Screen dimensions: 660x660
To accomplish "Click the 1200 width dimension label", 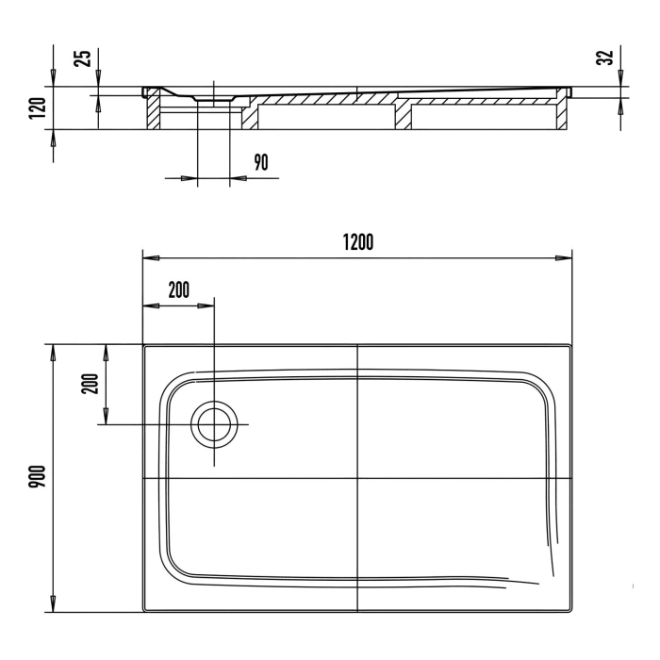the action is [x=357, y=242].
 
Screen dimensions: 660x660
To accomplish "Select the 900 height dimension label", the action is [x=37, y=476].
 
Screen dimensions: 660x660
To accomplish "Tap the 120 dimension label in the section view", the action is [x=37, y=108].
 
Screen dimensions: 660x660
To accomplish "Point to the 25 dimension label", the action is [x=83, y=58].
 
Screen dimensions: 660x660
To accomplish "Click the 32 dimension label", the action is [x=604, y=58].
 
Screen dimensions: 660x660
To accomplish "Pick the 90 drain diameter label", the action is [x=261, y=162].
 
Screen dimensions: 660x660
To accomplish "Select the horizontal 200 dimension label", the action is [x=179, y=289].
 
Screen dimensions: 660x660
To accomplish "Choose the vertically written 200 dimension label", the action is [x=91, y=384].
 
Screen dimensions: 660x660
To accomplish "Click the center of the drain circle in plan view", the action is [x=214, y=424].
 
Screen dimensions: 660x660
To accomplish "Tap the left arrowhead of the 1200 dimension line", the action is [x=151, y=258].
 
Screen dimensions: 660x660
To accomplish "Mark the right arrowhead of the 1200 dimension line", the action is [x=564, y=258].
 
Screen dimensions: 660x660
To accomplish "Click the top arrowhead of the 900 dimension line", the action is [x=53, y=353].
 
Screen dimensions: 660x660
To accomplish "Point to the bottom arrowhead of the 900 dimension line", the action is [x=53, y=604].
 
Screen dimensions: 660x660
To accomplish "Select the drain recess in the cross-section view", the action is [x=214, y=98].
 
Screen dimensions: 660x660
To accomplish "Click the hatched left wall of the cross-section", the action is [x=153, y=113].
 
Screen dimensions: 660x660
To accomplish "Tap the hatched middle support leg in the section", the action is [x=403, y=116].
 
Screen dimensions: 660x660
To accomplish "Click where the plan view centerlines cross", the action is [x=357, y=478].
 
